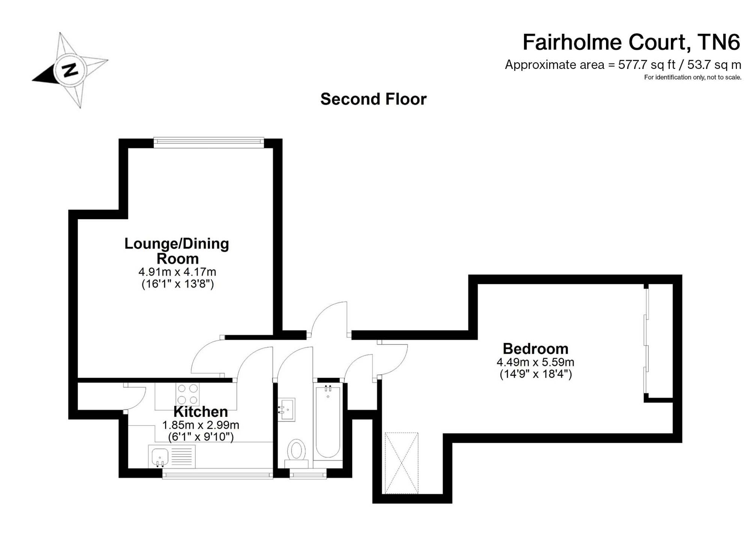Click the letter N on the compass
(x=70, y=70)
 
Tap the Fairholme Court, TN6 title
(x=631, y=42)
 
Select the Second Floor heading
(x=373, y=99)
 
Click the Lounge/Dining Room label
(x=177, y=251)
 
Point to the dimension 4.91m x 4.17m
(x=177, y=271)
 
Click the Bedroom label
(x=535, y=349)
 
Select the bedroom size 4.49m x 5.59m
(x=535, y=362)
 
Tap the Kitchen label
(x=201, y=412)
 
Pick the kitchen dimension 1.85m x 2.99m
(x=201, y=425)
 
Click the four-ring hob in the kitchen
(x=188, y=394)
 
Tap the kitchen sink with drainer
(x=172, y=457)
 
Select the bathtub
(x=328, y=423)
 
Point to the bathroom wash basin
(x=286, y=409)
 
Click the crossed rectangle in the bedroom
(x=401, y=463)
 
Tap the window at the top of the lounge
(x=208, y=141)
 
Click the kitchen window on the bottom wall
(x=217, y=475)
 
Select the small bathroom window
(x=308, y=475)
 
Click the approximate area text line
(x=623, y=65)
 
